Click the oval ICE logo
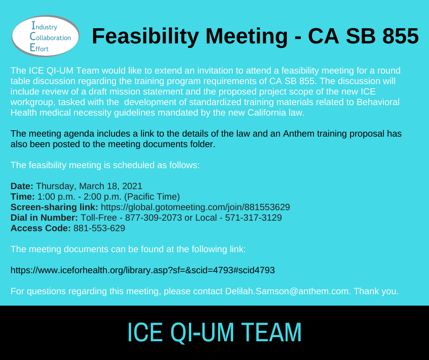pyautogui.click(x=46, y=36)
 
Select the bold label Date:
pyautogui.click(x=22, y=186)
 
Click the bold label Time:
pyautogui.click(x=22, y=196)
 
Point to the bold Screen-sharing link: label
pyautogui.click(x=54, y=207)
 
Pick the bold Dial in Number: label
pyautogui.click(x=44, y=217)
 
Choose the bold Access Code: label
pyautogui.click(x=41, y=228)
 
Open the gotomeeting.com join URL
pyautogui.click(x=195, y=207)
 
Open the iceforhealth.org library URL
pyautogui.click(x=142, y=270)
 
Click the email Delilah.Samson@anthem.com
pyautogui.click(x=288, y=291)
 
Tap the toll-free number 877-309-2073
pyautogui.click(x=153, y=217)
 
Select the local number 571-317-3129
pyautogui.click(x=253, y=217)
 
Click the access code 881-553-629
pyautogui.click(x=99, y=228)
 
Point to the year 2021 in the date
pyautogui.click(x=132, y=186)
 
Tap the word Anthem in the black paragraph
pyautogui.click(x=298, y=133)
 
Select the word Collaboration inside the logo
pyautogui.click(x=50, y=37)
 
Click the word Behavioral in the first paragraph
pyautogui.click(x=378, y=102)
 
